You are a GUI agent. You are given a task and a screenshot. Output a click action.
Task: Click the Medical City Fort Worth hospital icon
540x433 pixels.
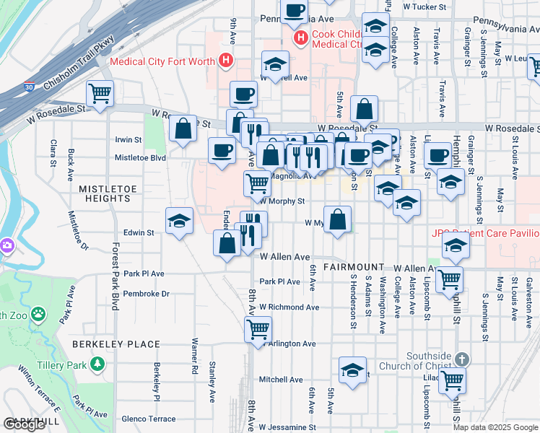coord(227,61)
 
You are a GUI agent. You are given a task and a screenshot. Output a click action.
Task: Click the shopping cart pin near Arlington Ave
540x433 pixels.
coord(258,329)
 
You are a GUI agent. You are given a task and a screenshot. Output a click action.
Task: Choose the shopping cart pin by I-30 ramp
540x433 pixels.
coord(100,93)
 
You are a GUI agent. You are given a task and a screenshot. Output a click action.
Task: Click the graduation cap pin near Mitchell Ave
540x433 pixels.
coord(352,371)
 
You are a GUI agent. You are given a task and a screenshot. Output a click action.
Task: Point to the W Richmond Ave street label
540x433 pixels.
coord(289,307)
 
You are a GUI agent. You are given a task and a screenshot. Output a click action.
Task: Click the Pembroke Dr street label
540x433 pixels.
coord(147,294)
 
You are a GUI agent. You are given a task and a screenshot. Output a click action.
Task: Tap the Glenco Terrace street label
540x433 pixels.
coord(149,419)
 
